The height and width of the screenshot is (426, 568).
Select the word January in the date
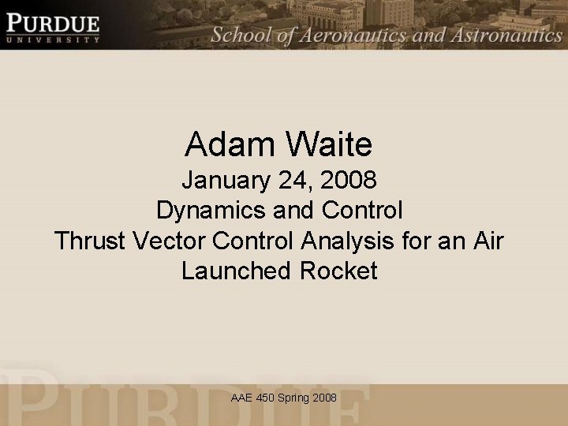click(x=226, y=181)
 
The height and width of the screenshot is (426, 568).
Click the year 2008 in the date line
click(x=349, y=181)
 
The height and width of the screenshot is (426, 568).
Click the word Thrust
click(x=88, y=241)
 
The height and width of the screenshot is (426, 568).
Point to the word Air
click(x=484, y=241)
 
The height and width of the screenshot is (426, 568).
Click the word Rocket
click(x=338, y=271)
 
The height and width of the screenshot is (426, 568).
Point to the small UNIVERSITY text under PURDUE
click(x=54, y=38)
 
